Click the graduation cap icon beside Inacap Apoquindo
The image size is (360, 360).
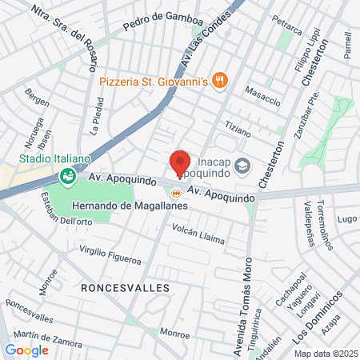(x=243, y=166)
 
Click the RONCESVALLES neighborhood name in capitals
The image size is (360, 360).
(x=125, y=286)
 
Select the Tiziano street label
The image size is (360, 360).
(x=238, y=127)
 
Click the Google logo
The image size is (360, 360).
(x=26, y=350)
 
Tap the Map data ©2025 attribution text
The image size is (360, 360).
(x=325, y=354)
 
